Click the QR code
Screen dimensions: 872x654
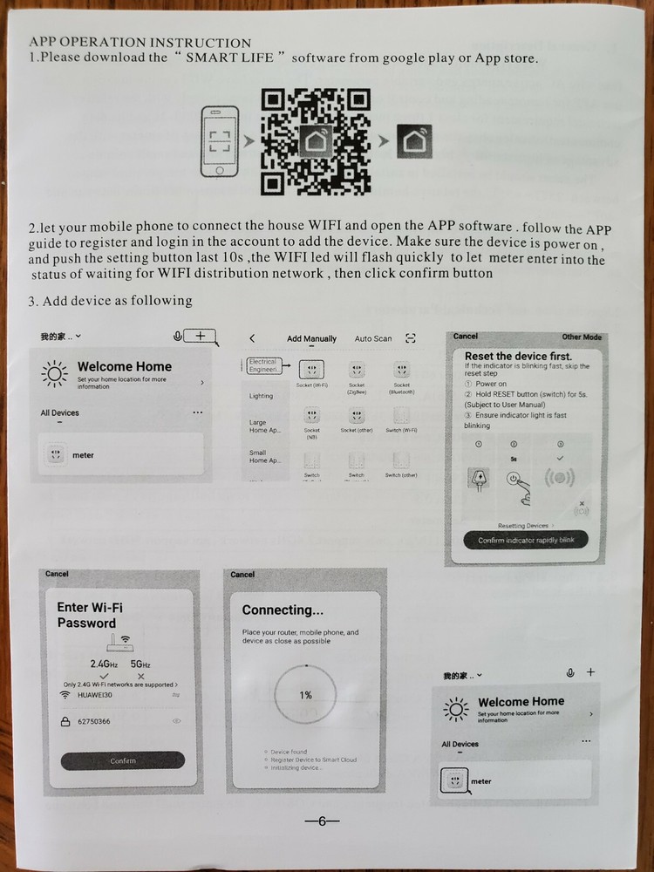(315, 141)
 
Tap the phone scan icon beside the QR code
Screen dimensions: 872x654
(220, 141)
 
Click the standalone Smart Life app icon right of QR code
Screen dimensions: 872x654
(413, 141)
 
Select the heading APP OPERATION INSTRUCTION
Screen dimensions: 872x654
(140, 42)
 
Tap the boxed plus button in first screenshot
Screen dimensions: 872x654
(201, 336)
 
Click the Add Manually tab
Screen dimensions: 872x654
(311, 338)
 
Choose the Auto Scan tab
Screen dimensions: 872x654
(373, 338)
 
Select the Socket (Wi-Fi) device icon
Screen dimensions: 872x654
(312, 370)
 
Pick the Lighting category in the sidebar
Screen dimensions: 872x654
(261, 396)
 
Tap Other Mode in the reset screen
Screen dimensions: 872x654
(582, 337)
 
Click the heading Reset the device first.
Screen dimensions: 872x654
(518, 356)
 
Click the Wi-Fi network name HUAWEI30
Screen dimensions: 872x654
(95, 695)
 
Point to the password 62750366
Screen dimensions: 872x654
(94, 722)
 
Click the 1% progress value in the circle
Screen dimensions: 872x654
(305, 695)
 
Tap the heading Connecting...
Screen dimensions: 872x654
(283, 610)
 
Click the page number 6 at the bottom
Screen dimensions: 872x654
(322, 821)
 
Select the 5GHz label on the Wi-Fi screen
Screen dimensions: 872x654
(140, 664)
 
